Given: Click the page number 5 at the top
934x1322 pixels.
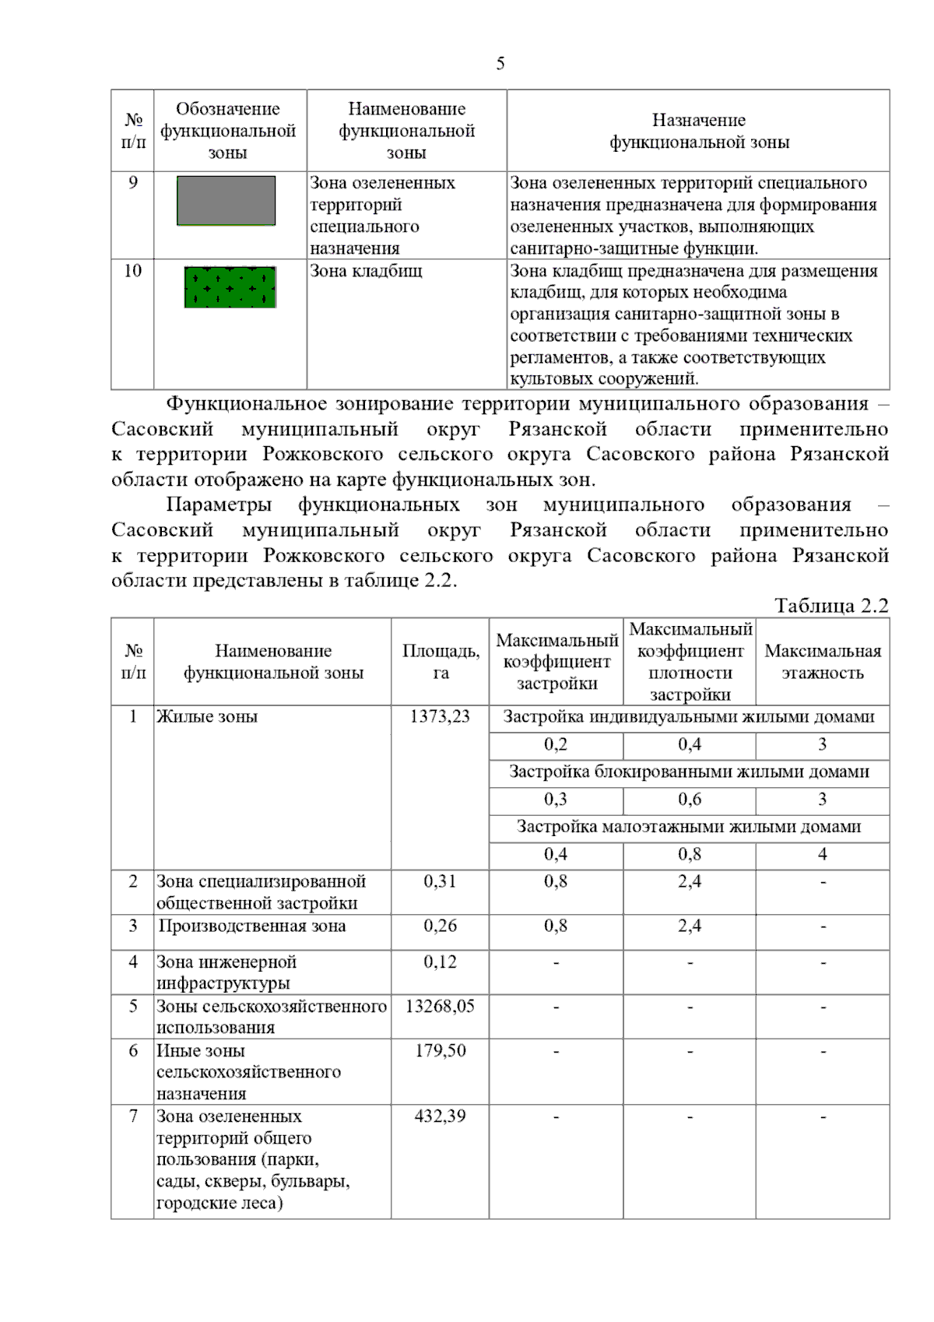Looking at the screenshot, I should pyautogui.click(x=500, y=64).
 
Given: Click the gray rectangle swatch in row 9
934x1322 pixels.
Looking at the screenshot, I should pyautogui.click(x=226, y=201).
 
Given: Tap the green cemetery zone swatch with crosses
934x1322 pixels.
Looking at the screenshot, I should pyautogui.click(x=230, y=287).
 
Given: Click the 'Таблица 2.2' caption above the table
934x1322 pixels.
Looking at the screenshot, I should pyautogui.click(x=830, y=606).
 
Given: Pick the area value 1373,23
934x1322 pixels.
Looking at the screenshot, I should pyautogui.click(x=440, y=716).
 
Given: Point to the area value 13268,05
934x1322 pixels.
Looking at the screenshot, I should pyautogui.click(x=440, y=1006).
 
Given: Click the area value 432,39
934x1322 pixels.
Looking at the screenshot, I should pyautogui.click(x=440, y=1116).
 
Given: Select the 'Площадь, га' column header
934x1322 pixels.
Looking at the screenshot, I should pyautogui.click(x=441, y=662).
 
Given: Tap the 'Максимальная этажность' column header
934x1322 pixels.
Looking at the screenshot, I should pyautogui.click(x=823, y=662).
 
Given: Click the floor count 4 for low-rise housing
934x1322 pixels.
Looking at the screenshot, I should pyautogui.click(x=823, y=854).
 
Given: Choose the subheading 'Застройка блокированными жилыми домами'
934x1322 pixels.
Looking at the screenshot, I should pyautogui.click(x=689, y=772).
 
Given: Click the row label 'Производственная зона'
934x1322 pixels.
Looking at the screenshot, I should pyautogui.click(x=252, y=926).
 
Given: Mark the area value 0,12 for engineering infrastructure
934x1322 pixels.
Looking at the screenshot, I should pyautogui.click(x=440, y=962).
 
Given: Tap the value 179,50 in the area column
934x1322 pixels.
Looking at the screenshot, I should pyautogui.click(x=440, y=1050).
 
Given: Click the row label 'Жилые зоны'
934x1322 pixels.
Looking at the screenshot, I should pyautogui.click(x=207, y=716).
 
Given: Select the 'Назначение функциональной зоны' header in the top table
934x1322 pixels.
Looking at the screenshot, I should pyautogui.click(x=699, y=131).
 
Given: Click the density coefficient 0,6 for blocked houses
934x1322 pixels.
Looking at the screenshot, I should pyautogui.click(x=689, y=799).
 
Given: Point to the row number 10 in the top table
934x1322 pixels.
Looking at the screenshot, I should pyautogui.click(x=133, y=271).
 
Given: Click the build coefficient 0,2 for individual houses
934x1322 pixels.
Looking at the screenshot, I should pyautogui.click(x=556, y=744).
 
